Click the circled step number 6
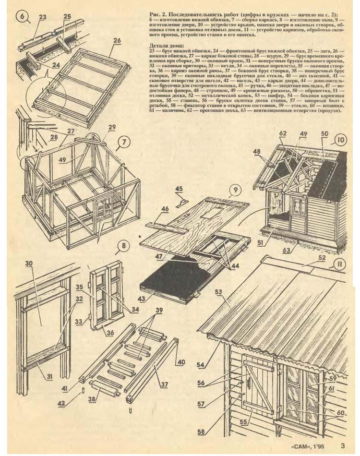22,16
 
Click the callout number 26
117,42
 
